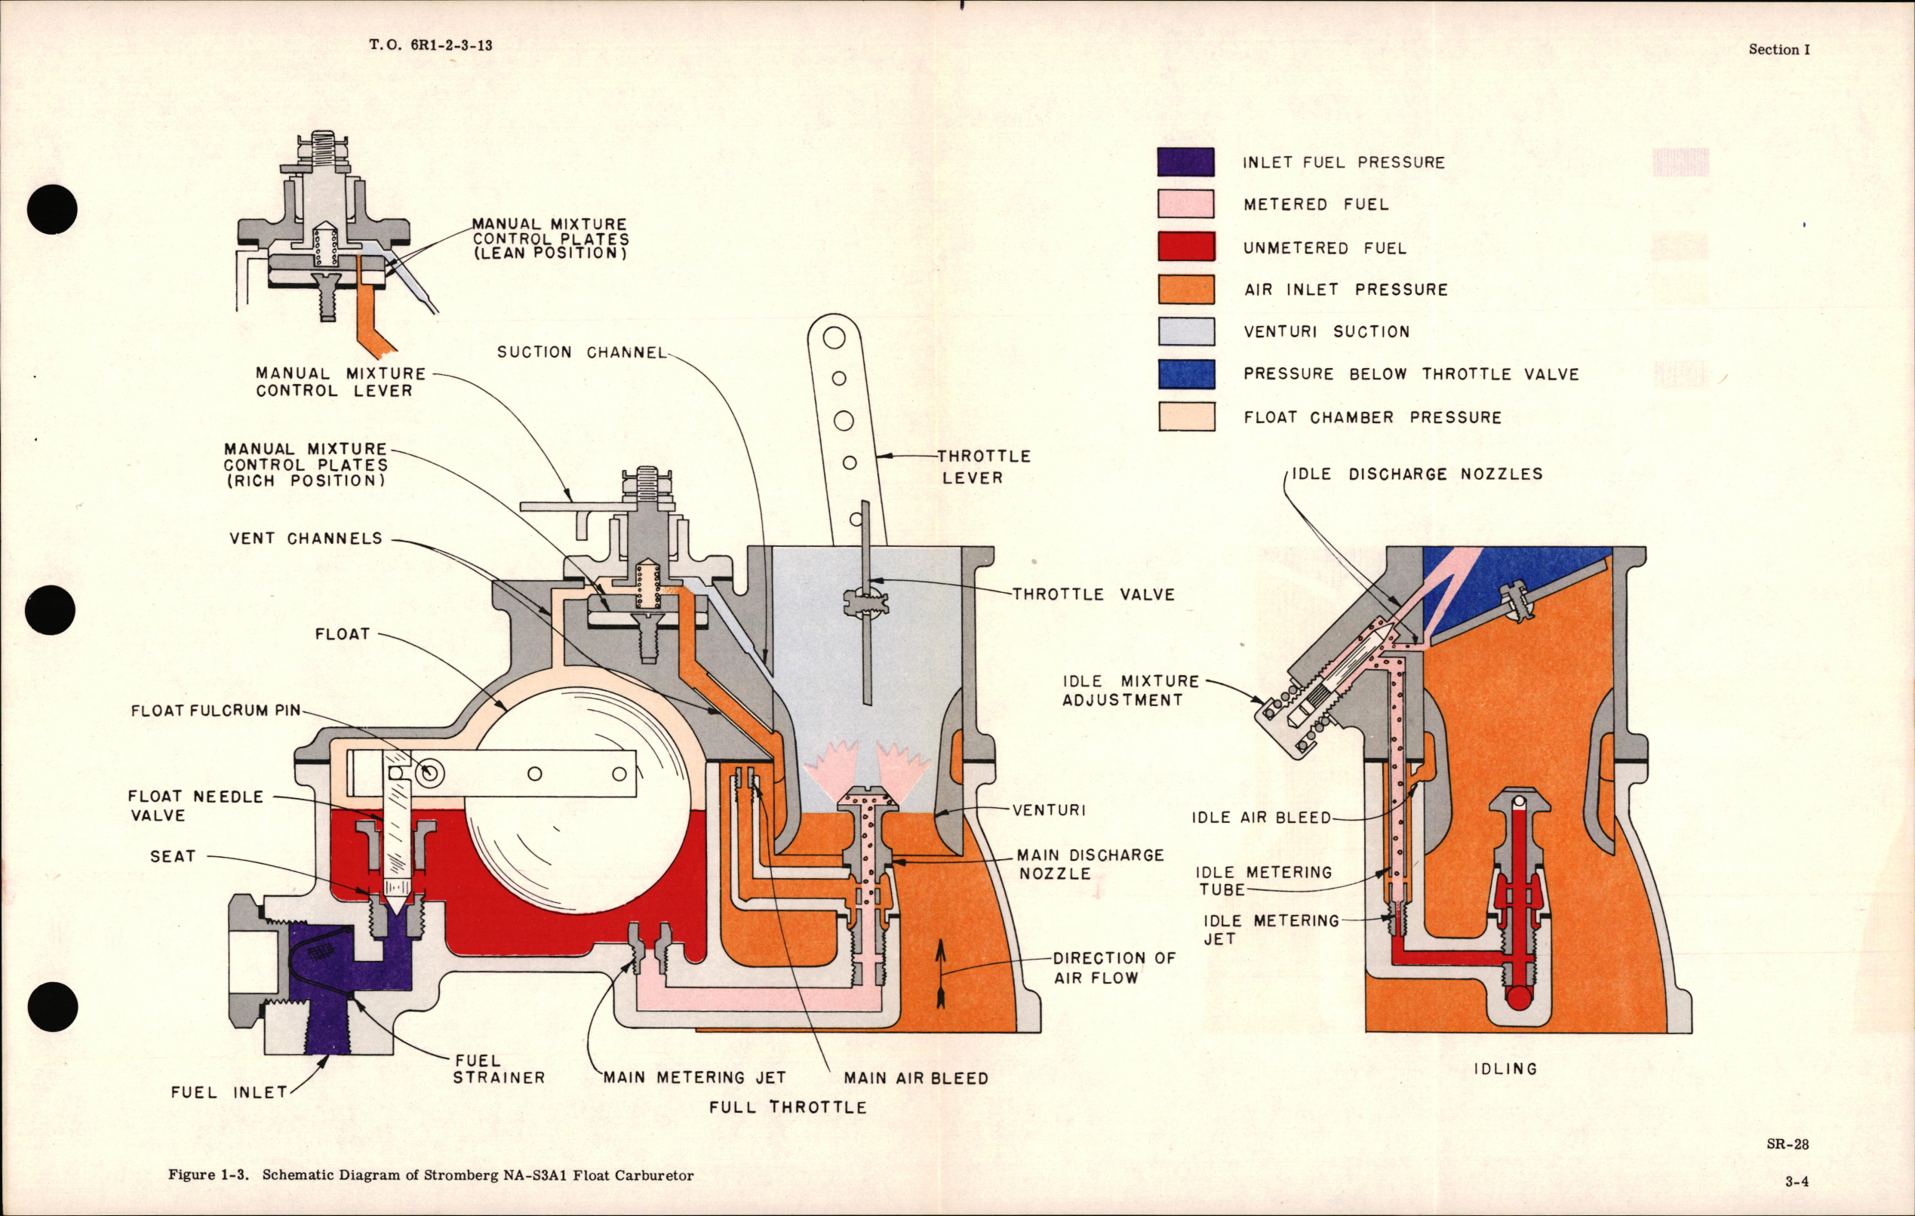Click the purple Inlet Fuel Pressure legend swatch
(1185, 162)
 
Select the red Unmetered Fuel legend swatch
(1185, 247)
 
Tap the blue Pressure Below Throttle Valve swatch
(1185, 374)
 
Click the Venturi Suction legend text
(1326, 332)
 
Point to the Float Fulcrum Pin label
(216, 710)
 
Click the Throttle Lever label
(983, 467)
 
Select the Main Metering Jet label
(694, 1078)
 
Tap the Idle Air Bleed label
(1261, 818)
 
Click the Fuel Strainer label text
(499, 1069)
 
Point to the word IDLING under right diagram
(1505, 1069)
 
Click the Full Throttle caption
(787, 1107)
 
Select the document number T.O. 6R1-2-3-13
(430, 45)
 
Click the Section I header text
(1778, 49)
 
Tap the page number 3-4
(1796, 1182)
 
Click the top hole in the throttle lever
(834, 338)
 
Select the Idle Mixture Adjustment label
(1130, 690)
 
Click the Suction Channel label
(581, 352)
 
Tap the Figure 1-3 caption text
(430, 1175)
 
